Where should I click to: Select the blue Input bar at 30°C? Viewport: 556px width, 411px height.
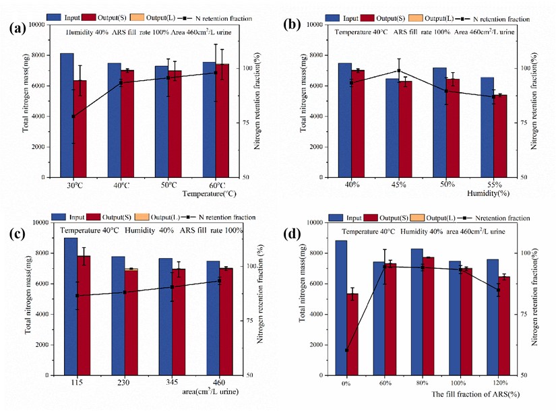67,115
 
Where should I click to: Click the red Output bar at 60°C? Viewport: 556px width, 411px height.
222,121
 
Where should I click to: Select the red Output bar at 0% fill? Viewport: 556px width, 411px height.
353,334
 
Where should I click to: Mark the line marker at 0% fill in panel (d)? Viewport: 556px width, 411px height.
347,350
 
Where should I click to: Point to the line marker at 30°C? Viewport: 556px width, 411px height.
73,117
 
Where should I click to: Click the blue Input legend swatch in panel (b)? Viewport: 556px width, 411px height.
332,18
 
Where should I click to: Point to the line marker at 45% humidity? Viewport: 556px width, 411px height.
399,71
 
